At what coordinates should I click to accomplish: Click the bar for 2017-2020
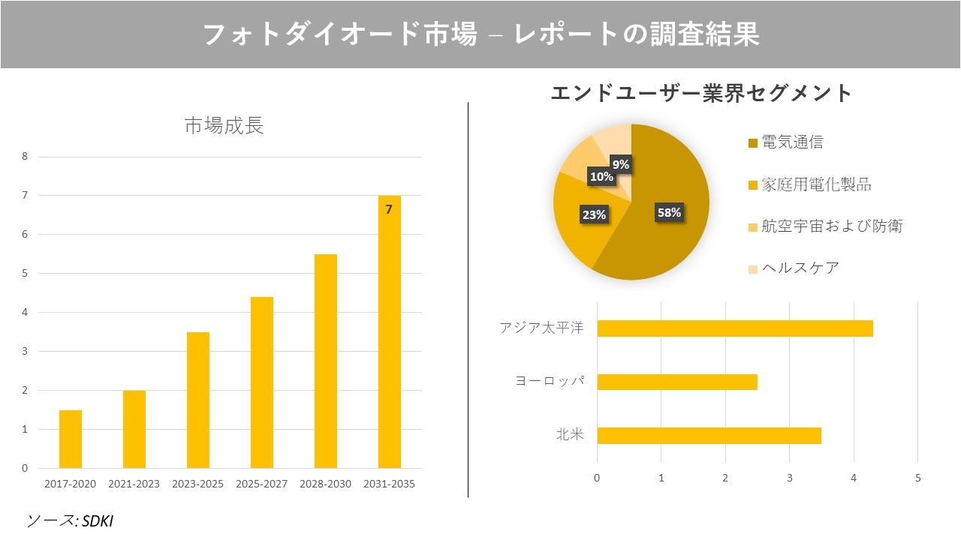point(71,439)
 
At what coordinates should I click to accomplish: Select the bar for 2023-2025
point(198,400)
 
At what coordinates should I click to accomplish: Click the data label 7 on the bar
point(389,210)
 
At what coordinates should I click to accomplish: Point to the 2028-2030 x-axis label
point(325,484)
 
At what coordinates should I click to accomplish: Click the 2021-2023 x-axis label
point(134,484)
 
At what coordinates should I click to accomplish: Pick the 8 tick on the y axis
point(25,157)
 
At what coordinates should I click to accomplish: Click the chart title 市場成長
point(224,125)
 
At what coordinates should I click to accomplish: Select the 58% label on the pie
point(668,212)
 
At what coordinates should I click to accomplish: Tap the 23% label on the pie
point(594,214)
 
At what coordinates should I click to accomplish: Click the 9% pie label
point(620,164)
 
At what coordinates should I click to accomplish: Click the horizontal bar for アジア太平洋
point(734,328)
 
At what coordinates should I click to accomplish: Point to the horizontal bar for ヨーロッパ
point(676,382)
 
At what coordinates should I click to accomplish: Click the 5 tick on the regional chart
point(917,478)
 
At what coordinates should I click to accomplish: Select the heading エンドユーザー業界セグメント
point(701,93)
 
